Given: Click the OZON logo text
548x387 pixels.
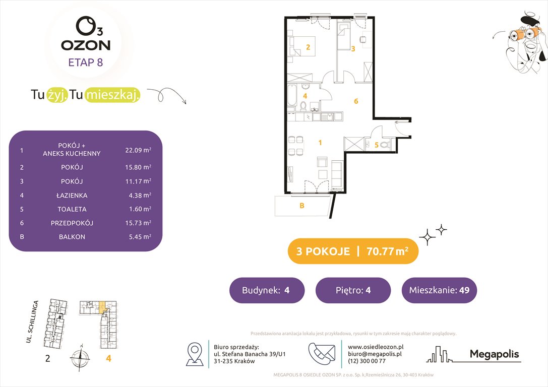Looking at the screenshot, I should (x=86, y=45).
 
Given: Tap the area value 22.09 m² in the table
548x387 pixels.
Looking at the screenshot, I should (x=138, y=150).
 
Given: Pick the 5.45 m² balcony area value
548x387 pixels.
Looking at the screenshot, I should (x=138, y=236).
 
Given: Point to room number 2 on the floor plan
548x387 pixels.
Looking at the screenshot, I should (x=308, y=48).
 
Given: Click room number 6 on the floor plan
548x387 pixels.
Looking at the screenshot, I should (x=356, y=101).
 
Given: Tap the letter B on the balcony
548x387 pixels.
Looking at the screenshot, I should (x=302, y=205).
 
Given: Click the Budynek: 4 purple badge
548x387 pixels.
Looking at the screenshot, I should (x=266, y=290).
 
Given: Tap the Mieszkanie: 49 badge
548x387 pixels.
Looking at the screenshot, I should (x=439, y=290).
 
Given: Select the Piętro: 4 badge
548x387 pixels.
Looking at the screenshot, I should (x=353, y=290).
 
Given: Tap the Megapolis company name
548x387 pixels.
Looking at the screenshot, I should (x=494, y=354).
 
